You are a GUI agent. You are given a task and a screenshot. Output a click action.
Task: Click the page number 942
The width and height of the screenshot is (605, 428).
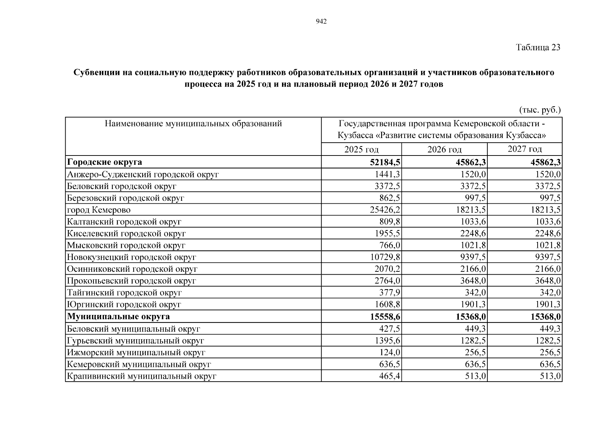pos(321,22)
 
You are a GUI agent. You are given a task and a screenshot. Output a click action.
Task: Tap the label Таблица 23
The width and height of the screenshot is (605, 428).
pos(538,47)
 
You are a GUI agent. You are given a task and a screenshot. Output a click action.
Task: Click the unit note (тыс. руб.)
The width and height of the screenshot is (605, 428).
pos(540,110)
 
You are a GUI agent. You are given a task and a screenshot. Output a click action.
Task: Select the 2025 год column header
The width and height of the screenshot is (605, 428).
pos(361,149)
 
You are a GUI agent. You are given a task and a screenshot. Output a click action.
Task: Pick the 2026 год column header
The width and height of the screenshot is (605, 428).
pos(444,149)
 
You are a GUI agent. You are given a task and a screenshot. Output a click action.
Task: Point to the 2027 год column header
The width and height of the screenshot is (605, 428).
pos(524,149)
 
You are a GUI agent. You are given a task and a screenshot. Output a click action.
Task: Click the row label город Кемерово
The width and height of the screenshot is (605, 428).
pos(99,210)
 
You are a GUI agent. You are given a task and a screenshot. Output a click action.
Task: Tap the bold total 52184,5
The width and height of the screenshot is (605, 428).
pos(385,162)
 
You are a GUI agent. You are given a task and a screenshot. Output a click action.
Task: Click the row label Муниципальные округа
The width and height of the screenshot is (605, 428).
pos(118,316)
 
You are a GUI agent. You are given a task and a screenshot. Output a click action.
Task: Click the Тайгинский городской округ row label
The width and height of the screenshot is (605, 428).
pos(124,292)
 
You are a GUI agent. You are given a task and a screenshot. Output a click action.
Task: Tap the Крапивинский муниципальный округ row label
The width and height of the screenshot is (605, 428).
pos(142,376)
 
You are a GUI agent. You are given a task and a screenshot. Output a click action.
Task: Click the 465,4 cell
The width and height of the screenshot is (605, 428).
pos(389,376)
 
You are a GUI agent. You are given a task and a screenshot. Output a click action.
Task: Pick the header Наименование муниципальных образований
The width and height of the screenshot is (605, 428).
pos(193,124)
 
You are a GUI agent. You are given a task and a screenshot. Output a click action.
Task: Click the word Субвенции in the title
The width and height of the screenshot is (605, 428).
pos(96,72)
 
